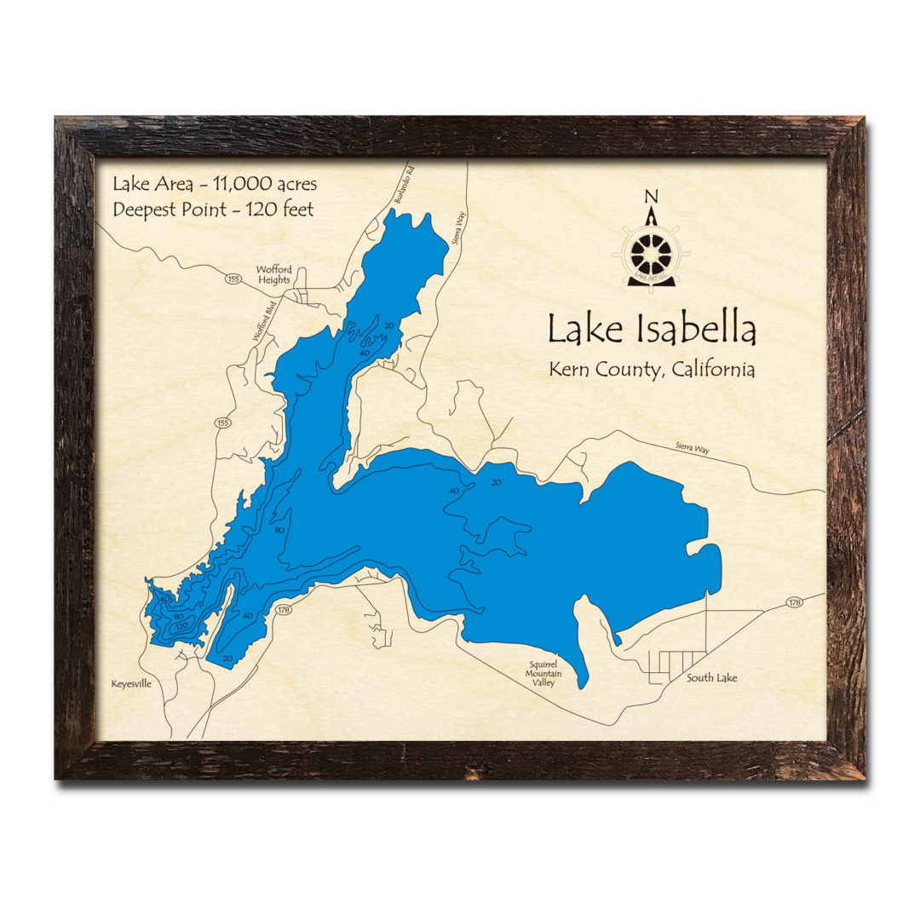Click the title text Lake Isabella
coord(652,330)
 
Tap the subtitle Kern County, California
coord(652,371)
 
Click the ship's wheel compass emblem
coord(652,253)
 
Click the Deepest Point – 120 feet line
coord(213,208)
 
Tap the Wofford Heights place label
coord(273,274)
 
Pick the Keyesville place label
coord(131,683)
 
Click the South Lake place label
coord(712,678)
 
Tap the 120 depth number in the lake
coord(181,627)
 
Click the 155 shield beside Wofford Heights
coord(233,278)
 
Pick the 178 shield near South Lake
coord(795,603)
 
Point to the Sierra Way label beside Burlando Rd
coord(460,228)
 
